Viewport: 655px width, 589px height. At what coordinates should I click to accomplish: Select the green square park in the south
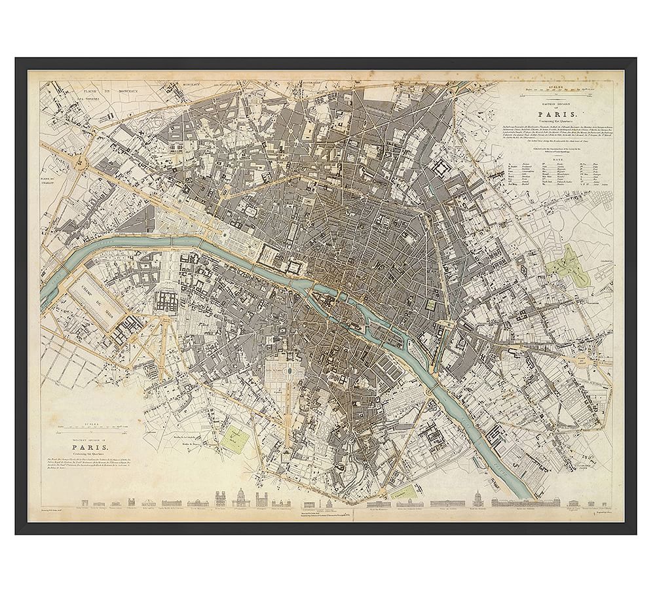coord(234,435)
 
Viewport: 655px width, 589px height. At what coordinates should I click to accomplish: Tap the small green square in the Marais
coord(430,303)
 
